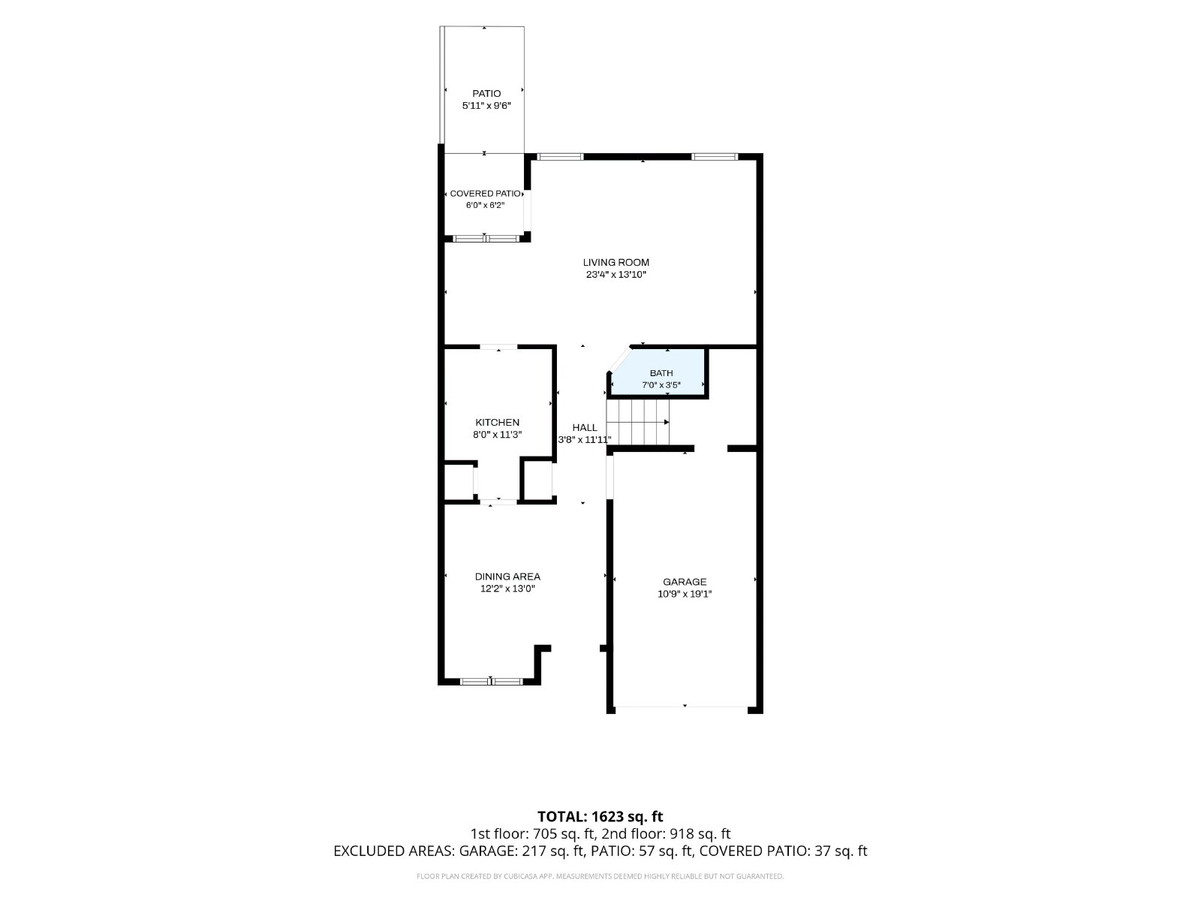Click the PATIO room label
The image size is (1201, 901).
(486, 94)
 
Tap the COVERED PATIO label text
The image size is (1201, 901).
(485, 194)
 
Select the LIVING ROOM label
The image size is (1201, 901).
(616, 263)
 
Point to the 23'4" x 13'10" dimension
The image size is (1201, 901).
(616, 275)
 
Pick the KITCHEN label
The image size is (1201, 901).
(497, 422)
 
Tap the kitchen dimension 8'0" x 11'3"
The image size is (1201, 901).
(497, 435)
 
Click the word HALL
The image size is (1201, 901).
(584, 428)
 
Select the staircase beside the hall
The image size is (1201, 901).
(638, 422)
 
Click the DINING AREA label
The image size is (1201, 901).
(507, 577)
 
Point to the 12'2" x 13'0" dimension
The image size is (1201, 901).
(507, 589)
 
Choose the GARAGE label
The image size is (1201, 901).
(685, 582)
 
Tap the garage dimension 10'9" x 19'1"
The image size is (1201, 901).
(685, 594)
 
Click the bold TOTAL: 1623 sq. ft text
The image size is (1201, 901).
(600, 817)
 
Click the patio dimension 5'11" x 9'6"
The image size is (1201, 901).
(486, 106)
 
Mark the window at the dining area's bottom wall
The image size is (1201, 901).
(492, 682)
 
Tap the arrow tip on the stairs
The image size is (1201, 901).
(668, 422)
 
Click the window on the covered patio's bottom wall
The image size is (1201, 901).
(486, 239)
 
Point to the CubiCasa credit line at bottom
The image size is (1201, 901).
(600, 876)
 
